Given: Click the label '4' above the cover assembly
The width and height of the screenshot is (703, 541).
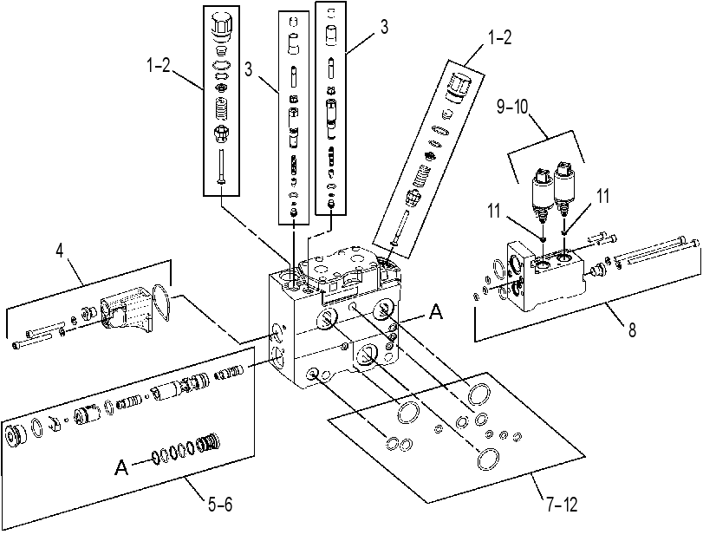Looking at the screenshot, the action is coord(60,251).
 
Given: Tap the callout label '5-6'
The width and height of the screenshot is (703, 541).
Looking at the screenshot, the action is coord(220,505).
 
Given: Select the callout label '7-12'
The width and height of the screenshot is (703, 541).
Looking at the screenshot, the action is coord(563,505).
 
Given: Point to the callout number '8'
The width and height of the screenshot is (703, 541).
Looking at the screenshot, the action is coord(632,330).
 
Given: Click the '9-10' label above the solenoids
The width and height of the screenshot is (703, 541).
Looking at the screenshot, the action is coord(512,107).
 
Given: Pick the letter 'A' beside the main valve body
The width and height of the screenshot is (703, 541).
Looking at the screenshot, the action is coord(436,311).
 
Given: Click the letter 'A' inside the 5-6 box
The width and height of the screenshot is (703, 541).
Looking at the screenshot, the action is coord(121,467).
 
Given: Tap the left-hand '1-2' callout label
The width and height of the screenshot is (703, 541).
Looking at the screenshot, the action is coord(159,66).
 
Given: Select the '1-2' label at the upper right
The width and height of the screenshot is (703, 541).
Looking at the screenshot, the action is coord(499,37).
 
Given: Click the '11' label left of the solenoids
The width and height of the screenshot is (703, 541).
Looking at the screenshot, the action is coord(494,211).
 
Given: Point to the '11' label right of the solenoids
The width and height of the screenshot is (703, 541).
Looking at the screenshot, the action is coord(603,196).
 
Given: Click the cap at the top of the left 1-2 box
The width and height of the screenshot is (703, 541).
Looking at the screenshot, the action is coord(221,25).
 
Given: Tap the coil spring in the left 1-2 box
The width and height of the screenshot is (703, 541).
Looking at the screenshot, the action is coord(222,108).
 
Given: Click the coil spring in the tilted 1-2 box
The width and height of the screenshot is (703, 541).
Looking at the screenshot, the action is coord(420,176).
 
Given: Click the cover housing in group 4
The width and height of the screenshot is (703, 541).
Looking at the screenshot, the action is coord(126,310).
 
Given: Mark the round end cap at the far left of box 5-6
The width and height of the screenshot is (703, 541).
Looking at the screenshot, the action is coord(15,434).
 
